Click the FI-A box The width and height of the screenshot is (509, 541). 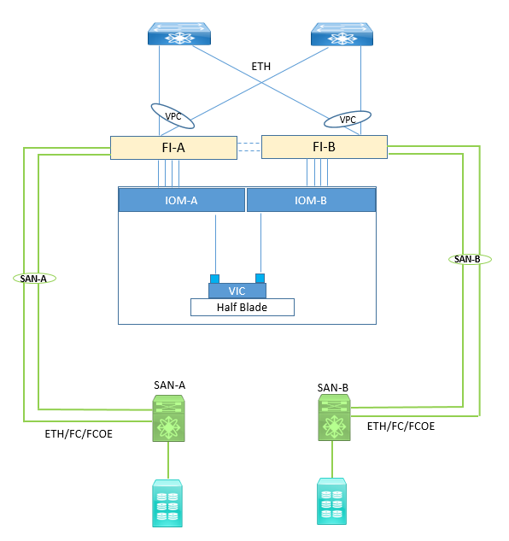tap(173, 148)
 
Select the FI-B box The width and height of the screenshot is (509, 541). tap(325, 147)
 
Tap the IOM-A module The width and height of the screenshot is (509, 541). tap(181, 200)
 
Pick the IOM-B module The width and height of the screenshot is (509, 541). tap(311, 200)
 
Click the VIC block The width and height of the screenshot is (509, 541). tap(237, 291)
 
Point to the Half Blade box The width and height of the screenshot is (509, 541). tap(243, 307)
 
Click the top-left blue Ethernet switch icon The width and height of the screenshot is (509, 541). tap(179, 34)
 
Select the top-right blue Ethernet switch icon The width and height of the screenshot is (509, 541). tap(342, 34)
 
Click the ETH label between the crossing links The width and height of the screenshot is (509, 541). tap(261, 67)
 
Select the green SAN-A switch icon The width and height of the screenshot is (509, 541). tap(168, 419)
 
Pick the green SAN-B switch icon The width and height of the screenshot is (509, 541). tap(334, 418)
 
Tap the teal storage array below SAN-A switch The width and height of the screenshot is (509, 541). tap(167, 503)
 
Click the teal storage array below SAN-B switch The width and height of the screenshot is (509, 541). tap(331, 502)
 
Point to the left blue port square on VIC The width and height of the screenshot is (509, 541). tap(215, 279)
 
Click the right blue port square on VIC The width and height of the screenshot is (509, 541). tap(260, 278)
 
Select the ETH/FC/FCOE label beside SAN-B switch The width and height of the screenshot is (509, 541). tap(401, 426)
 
